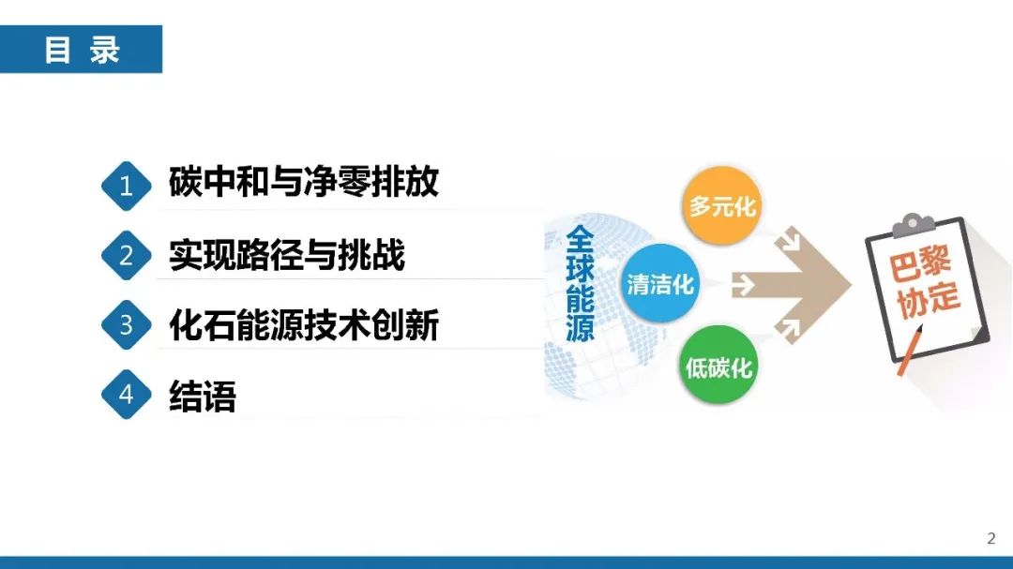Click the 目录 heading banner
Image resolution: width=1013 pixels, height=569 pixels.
tap(81, 49)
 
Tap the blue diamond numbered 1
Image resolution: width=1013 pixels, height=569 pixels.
tap(126, 186)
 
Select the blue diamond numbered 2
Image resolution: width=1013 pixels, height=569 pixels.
tap(126, 255)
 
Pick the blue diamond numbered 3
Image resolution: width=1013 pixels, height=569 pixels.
tap(126, 325)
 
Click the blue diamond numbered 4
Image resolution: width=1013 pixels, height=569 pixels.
tap(126, 394)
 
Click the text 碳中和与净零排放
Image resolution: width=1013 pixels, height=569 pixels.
tap(304, 182)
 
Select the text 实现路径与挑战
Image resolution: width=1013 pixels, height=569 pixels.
tap(287, 254)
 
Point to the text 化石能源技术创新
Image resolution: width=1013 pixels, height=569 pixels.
tap(304, 324)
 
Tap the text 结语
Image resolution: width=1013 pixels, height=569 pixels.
tap(203, 396)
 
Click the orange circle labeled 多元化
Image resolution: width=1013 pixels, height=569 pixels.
tap(721, 206)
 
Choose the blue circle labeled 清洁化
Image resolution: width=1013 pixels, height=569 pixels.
tap(659, 283)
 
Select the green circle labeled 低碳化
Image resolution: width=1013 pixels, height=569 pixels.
tap(718, 367)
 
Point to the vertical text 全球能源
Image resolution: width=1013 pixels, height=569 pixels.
tap(580, 283)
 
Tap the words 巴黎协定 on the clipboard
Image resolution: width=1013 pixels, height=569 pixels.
tap(924, 283)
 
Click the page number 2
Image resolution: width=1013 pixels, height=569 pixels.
tap(991, 538)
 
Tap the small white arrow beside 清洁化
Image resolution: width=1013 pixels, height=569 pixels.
tap(743, 284)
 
